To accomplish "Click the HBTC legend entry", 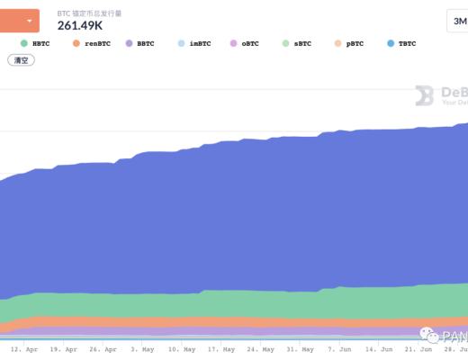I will pos(35,42).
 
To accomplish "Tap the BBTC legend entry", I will pos(140,42).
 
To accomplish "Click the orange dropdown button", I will pos(20,19).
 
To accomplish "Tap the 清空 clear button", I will pos(21,60).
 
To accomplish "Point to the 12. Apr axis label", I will pos(24,348).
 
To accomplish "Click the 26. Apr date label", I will pos(103,348).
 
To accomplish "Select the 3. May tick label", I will pos(142,348).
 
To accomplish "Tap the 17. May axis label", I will pos(220,348).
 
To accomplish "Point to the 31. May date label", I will pos(299,348).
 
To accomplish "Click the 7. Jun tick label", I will pos(339,348).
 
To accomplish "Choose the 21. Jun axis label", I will pos(418,348).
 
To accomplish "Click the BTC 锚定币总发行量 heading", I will pos(103,12).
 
